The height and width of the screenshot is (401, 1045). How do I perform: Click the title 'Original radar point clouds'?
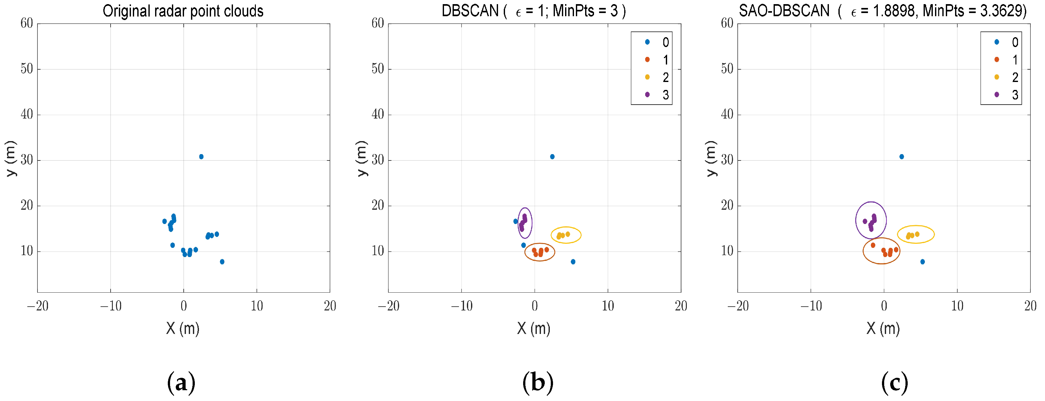(x=183, y=11)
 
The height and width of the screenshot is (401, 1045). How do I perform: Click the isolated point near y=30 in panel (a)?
(x=201, y=157)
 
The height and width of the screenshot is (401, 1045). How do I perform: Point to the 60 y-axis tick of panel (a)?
(x=27, y=24)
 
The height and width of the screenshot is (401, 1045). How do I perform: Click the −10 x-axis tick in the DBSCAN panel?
(x=461, y=306)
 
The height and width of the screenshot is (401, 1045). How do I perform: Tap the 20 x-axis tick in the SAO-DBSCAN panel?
(x=1030, y=306)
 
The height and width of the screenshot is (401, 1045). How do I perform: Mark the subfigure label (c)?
(x=894, y=382)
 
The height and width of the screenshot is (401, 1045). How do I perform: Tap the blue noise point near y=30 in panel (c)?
(x=901, y=157)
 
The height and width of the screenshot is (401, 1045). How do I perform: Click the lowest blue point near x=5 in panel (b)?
(x=573, y=262)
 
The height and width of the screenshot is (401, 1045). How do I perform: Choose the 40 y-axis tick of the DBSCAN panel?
(x=378, y=115)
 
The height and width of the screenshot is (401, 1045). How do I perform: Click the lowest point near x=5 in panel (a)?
(x=222, y=262)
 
